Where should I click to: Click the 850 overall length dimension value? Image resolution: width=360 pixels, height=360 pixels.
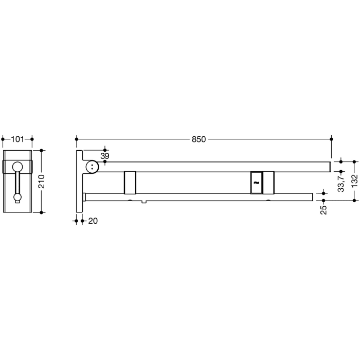click(199, 139)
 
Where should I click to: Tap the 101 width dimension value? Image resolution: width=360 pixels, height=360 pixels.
click(18, 139)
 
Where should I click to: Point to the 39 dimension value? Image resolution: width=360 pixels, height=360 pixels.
click(105, 156)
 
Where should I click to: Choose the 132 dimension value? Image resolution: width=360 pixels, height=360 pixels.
click(354, 181)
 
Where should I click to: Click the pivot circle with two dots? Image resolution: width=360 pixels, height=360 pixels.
click(92, 166)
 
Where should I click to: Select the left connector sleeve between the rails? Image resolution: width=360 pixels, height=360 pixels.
click(130, 183)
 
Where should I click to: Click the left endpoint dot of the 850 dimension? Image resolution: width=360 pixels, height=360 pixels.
click(77, 139)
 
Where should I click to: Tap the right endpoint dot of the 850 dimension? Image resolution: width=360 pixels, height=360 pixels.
click(331, 139)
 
